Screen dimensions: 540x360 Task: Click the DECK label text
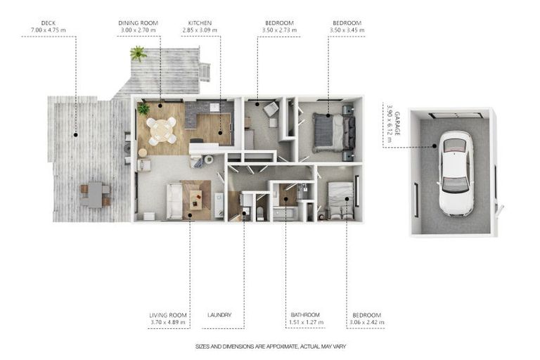49,23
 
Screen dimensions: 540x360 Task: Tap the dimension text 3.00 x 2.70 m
138,30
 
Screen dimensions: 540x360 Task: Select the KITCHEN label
200,23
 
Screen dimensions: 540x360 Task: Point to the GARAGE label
397,123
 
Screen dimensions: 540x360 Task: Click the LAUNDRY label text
219,315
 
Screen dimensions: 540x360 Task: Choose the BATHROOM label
305,315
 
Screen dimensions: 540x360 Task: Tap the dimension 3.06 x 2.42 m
367,323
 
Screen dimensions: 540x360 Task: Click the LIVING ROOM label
168,315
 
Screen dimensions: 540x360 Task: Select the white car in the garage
456,173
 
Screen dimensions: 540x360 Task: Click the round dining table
162,130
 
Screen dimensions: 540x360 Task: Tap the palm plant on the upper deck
138,53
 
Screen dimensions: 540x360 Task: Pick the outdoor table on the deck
95,195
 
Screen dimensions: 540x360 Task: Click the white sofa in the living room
174,201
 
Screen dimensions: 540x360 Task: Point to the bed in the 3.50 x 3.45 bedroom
334,133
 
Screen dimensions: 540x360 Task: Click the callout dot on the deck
75,135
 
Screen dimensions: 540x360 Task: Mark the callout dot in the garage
435,146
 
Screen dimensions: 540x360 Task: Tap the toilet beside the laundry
260,214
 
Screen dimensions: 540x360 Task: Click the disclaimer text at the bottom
271,347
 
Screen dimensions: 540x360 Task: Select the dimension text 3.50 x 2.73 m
279,30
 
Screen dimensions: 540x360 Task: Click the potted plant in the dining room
143,109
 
